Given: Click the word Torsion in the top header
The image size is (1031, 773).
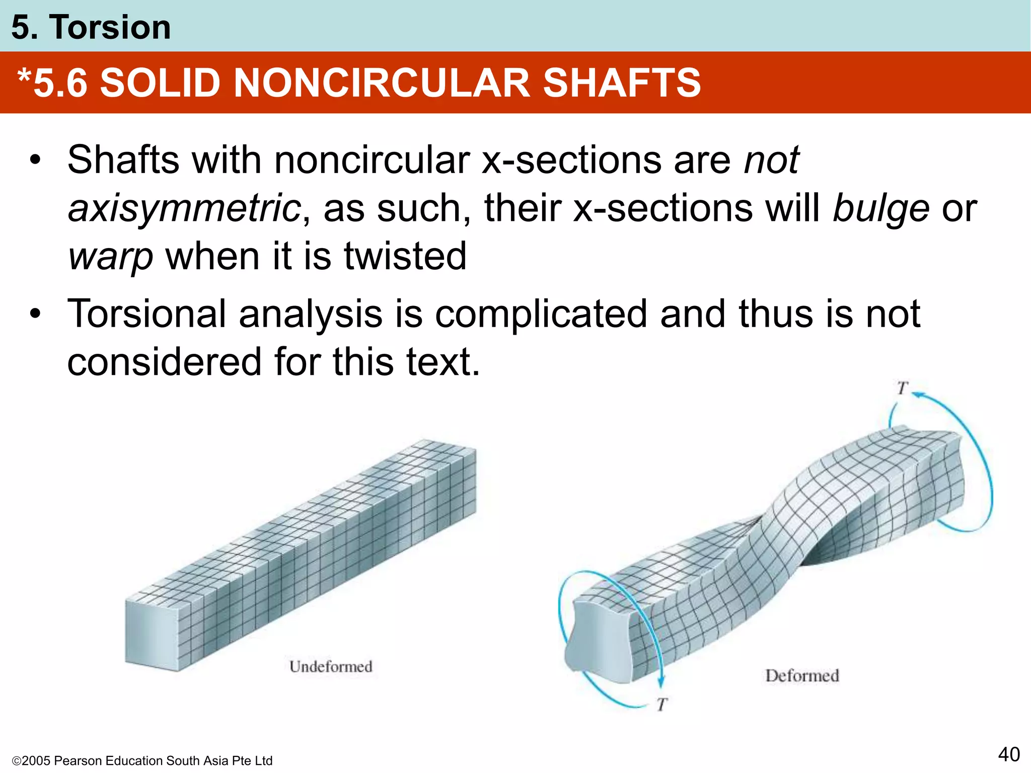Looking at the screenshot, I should pyautogui.click(x=110, y=27).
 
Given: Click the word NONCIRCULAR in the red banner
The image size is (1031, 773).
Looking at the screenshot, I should pyautogui.click(x=382, y=83).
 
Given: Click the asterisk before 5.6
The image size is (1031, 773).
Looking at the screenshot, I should pyautogui.click(x=25, y=78).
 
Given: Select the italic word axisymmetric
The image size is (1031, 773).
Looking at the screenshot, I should pyautogui.click(x=184, y=209).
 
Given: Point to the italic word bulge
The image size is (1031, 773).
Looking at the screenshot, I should pyautogui.click(x=880, y=209).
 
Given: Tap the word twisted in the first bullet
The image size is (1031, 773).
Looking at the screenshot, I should pyautogui.click(x=405, y=256).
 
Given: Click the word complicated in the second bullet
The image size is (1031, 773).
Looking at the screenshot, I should pyautogui.click(x=541, y=315).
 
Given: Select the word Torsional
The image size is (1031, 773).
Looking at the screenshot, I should pyautogui.click(x=146, y=315).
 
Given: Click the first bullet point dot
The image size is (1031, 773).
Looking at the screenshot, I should pyautogui.click(x=35, y=161).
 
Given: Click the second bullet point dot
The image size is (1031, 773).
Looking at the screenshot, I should pyautogui.click(x=35, y=315).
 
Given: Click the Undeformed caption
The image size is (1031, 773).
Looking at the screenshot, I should pyautogui.click(x=331, y=667).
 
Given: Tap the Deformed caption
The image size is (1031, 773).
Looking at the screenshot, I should pyautogui.click(x=802, y=676).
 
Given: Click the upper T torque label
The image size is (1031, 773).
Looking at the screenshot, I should pyautogui.click(x=902, y=388).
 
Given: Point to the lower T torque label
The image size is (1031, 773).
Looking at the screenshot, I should pyautogui.click(x=662, y=705).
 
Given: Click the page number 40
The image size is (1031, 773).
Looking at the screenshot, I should pyautogui.click(x=1008, y=754).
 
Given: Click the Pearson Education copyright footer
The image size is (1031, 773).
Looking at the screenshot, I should pyautogui.click(x=142, y=760).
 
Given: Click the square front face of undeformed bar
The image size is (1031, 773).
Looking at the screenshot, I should pyautogui.click(x=151, y=634).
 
